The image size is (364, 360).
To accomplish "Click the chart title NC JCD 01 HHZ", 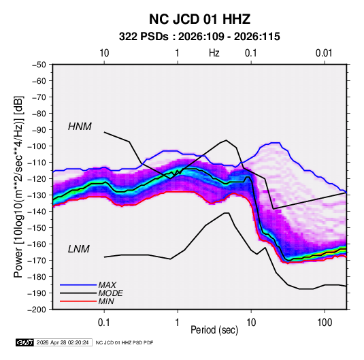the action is (x=199, y=19).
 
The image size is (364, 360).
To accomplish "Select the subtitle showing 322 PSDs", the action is (x=199, y=37).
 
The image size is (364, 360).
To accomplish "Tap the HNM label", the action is (x=80, y=127).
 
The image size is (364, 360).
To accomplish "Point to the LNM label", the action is (x=79, y=249).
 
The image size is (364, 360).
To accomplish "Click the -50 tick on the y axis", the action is (x=39, y=65).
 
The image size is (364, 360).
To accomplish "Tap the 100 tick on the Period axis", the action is (x=325, y=323).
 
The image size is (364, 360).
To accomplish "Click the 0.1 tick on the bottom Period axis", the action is (x=104, y=323).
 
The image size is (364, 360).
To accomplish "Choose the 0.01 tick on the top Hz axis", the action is (x=324, y=53).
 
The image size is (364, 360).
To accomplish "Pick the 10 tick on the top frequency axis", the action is (x=104, y=53).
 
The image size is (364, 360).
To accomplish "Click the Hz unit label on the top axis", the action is (x=214, y=53).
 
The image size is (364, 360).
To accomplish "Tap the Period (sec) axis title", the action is (x=214, y=330).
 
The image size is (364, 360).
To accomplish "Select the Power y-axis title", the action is (x=18, y=186).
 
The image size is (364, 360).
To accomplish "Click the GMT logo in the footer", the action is (x=25, y=342).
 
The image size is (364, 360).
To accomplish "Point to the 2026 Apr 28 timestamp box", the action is (x=63, y=342).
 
